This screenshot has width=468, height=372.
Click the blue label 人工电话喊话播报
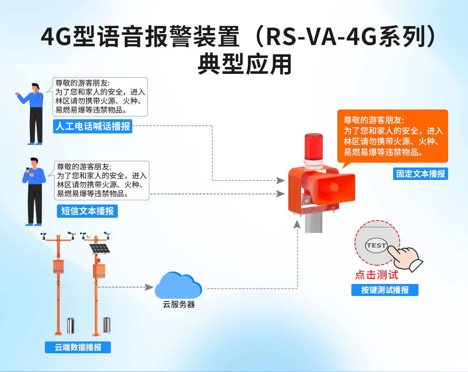[x=93, y=127]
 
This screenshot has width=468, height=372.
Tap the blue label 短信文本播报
[x=87, y=211]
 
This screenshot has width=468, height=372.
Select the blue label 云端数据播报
[x=78, y=347]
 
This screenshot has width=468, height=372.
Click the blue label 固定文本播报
[x=420, y=174]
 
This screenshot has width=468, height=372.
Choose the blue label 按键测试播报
[x=385, y=290]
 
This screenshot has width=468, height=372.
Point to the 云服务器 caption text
[x=179, y=305]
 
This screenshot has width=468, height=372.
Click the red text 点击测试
[x=376, y=275]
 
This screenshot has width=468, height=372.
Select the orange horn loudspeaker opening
[x=335, y=186]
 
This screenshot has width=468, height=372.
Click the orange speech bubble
[x=393, y=136]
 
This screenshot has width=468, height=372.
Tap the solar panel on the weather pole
[x=100, y=248]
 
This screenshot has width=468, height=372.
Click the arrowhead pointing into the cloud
[x=149, y=287]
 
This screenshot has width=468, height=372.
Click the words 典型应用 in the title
[x=245, y=64]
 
